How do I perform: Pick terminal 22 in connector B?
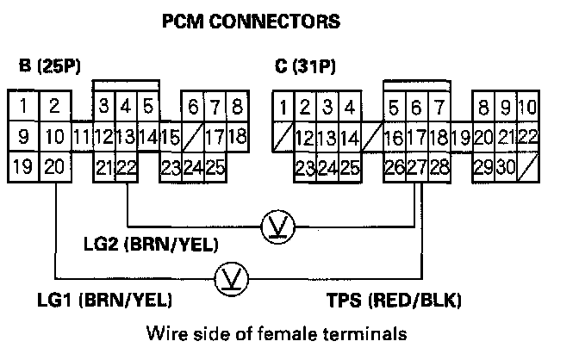click(126, 166)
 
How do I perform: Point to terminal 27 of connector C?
click(418, 166)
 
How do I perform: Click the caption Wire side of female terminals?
click(276, 332)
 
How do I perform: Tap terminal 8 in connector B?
click(237, 108)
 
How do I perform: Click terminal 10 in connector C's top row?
click(527, 108)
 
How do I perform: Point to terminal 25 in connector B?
click(215, 166)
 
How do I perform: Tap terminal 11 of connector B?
click(82, 137)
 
